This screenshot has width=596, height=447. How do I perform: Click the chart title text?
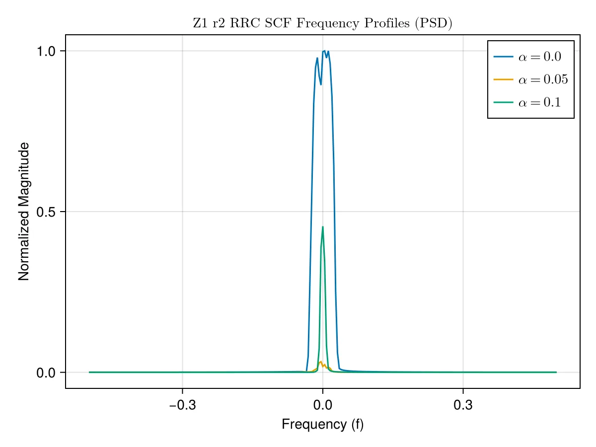click(x=322, y=23)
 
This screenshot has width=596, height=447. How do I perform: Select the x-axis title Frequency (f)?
click(x=322, y=424)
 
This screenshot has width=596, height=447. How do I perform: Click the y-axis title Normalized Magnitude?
click(x=24, y=212)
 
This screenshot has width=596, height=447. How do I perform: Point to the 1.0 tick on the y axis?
click(x=46, y=51)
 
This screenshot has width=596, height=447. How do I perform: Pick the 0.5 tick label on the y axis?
click(x=46, y=212)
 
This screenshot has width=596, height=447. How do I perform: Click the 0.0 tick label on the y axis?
click(x=46, y=373)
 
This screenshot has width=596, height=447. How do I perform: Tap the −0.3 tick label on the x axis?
click(x=182, y=405)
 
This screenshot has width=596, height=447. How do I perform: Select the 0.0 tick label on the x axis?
click(x=322, y=405)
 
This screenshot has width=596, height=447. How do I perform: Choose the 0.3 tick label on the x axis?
click(x=463, y=405)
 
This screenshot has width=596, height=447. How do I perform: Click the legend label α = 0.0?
click(x=540, y=57)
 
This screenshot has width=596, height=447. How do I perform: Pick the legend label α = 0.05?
click(x=543, y=79)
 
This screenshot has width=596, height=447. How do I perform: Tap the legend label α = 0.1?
click(x=540, y=102)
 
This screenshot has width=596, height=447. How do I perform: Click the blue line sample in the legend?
click(x=504, y=57)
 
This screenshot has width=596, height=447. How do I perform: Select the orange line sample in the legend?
click(x=504, y=79)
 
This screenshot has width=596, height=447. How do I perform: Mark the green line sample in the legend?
click(x=504, y=102)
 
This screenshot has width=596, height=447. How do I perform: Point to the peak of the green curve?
click(x=322, y=227)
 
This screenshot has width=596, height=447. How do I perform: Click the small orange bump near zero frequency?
click(x=321, y=362)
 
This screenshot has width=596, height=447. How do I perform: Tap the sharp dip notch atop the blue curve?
click(x=321, y=84)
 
